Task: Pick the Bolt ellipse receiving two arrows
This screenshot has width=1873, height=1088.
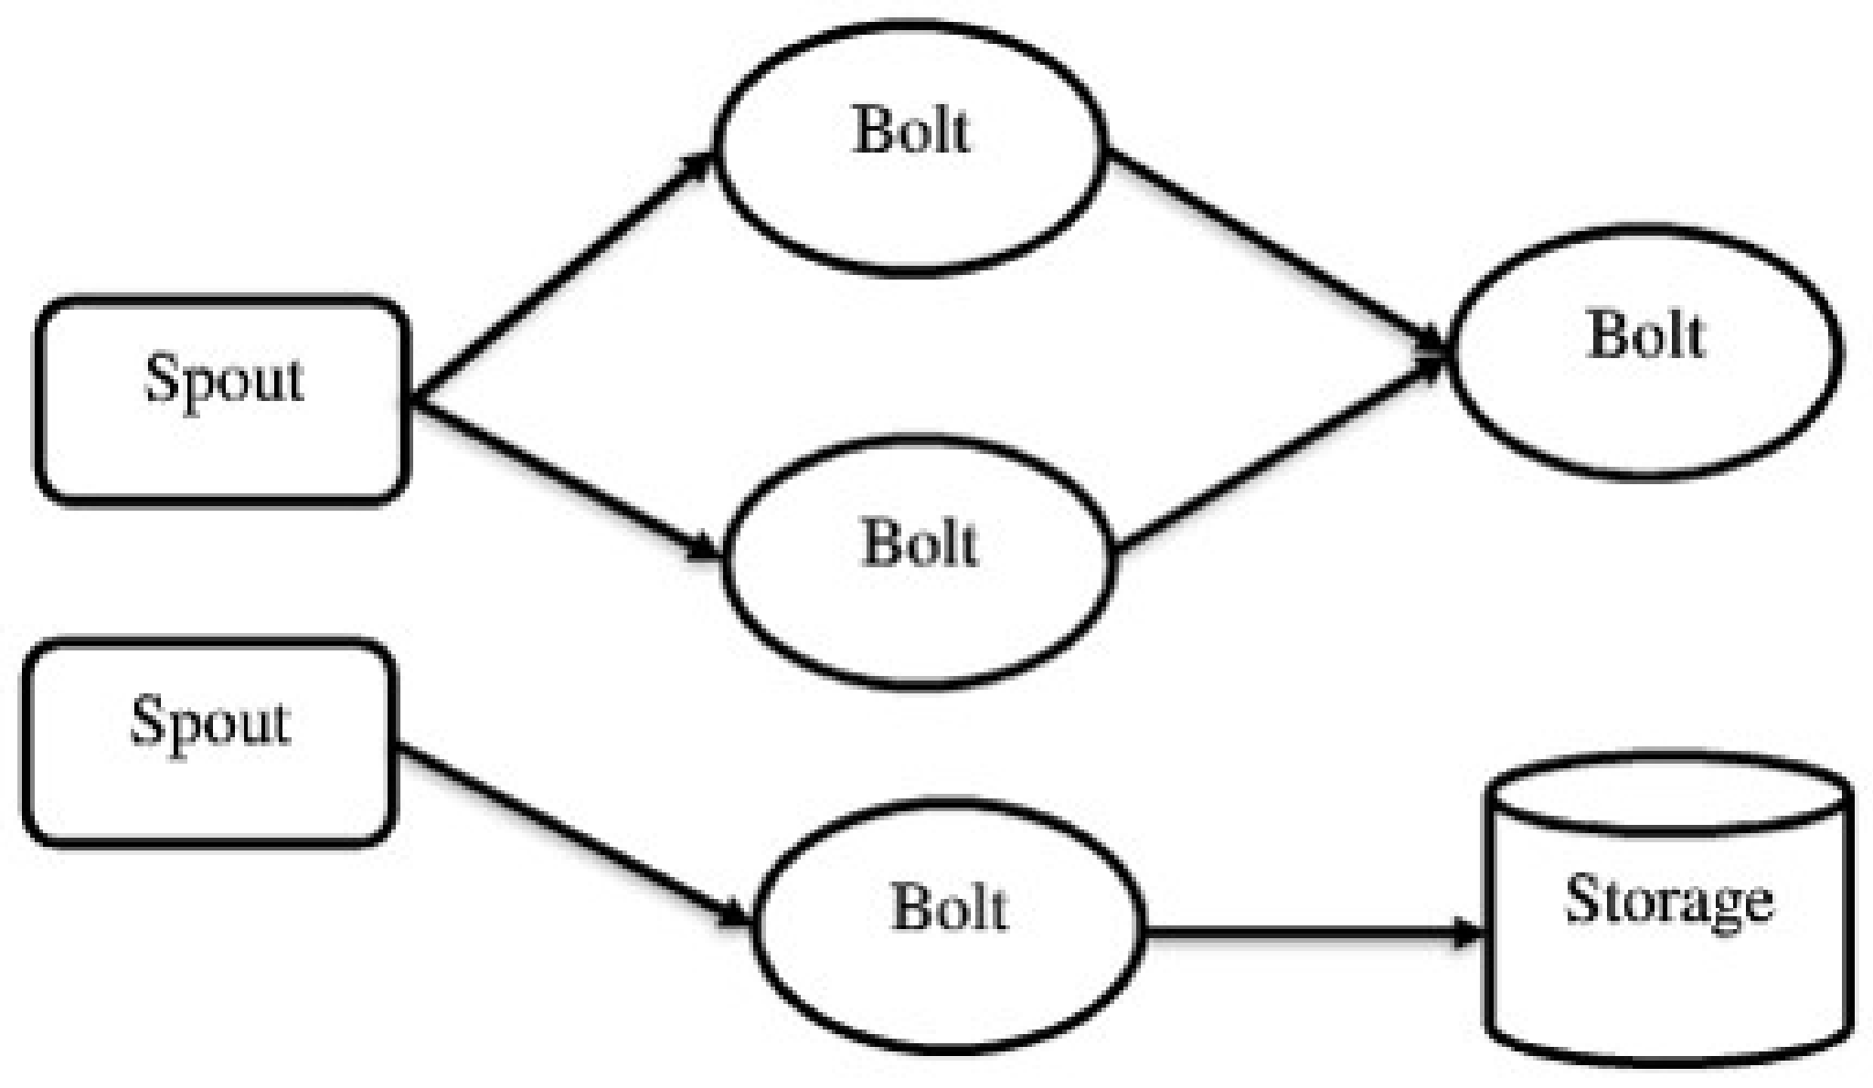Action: point(1645,352)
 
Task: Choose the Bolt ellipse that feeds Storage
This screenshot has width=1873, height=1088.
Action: point(949,927)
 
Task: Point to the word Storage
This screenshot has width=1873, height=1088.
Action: point(1669,900)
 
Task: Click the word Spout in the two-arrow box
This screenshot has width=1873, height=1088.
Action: point(224,379)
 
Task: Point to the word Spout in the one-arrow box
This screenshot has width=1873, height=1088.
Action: point(210,722)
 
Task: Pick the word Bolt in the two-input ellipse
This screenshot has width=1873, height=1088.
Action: point(1645,336)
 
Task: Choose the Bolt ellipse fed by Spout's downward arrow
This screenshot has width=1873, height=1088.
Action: point(920,562)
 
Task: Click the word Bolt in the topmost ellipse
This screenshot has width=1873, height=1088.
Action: point(910,131)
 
